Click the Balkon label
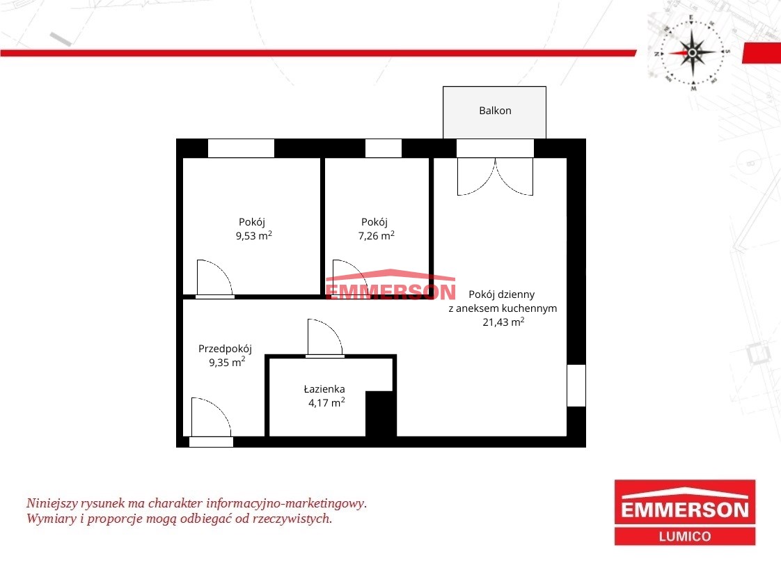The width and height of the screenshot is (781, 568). [x=495, y=111]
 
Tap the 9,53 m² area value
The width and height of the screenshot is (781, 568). [x=254, y=235]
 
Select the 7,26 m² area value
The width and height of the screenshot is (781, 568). [x=377, y=235]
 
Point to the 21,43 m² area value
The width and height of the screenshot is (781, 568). [x=503, y=322]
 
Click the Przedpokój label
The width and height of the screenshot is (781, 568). [x=225, y=349]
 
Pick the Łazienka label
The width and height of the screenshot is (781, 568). [x=324, y=388]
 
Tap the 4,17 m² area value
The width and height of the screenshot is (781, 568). [x=326, y=402]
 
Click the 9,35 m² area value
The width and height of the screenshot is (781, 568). [x=227, y=362]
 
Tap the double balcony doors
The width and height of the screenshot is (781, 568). [x=495, y=176]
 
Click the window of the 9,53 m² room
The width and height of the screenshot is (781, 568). [x=241, y=148]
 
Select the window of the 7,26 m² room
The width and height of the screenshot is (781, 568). [x=384, y=148]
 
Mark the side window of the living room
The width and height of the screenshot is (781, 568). [x=576, y=386]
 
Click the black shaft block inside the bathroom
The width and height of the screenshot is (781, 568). [x=381, y=413]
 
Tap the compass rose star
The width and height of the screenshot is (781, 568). [x=693, y=52]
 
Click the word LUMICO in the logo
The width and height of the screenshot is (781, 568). [x=685, y=537]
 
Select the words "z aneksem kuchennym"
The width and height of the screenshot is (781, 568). [x=503, y=308]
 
